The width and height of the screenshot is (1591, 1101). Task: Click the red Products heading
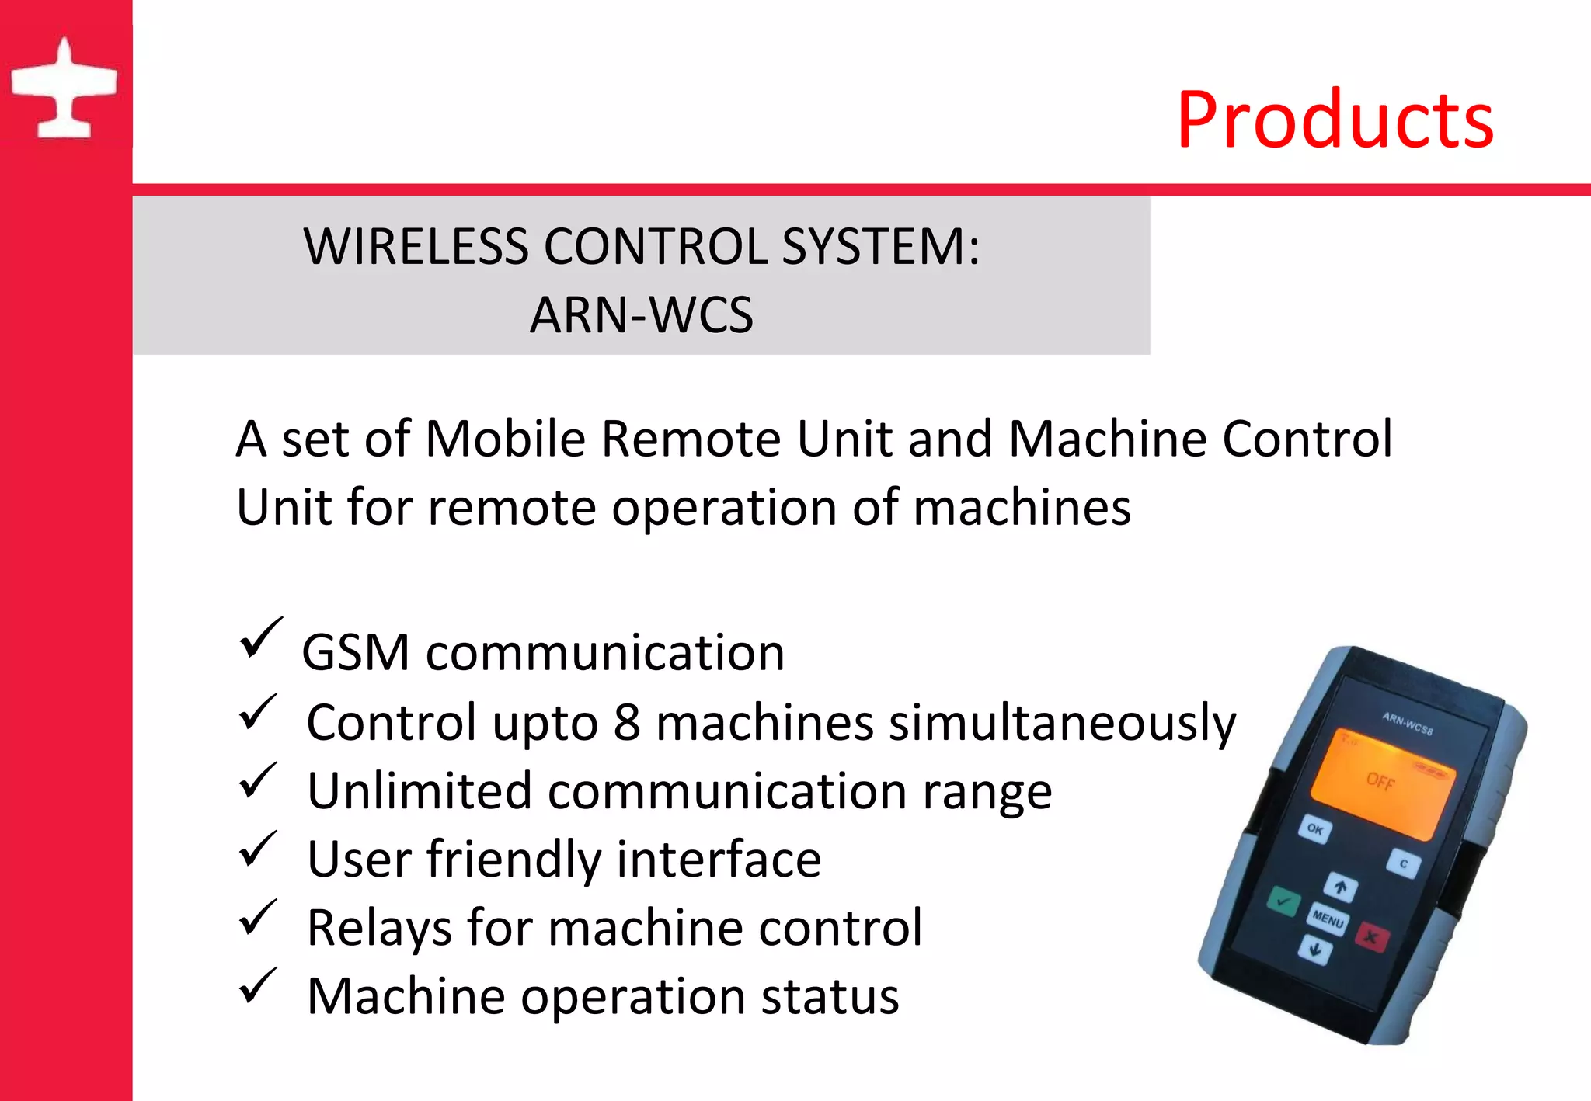(1335, 120)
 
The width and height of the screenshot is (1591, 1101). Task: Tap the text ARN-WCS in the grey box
(641, 315)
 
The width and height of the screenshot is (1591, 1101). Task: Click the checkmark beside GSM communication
(260, 637)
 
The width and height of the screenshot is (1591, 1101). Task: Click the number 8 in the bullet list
(627, 722)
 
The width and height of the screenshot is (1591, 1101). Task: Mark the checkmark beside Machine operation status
(258, 985)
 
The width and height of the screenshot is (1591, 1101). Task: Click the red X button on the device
(1372, 937)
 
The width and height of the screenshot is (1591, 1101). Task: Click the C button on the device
(1403, 863)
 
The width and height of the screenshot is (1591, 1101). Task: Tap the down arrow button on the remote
(1314, 949)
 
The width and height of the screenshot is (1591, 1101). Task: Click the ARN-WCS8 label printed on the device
(1407, 723)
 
